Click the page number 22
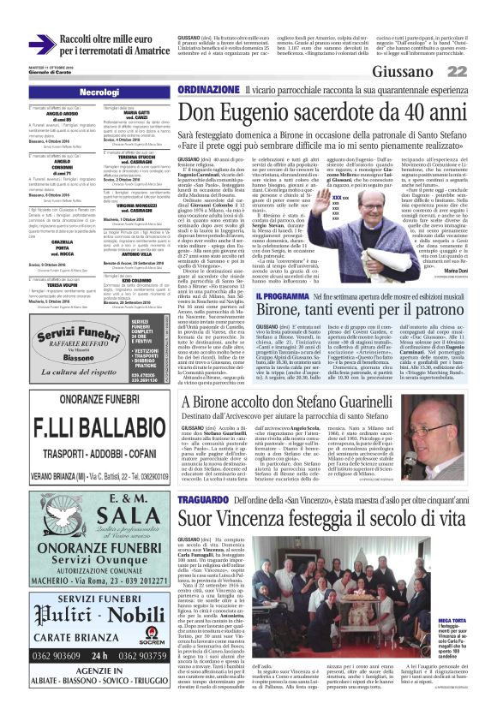[480, 70]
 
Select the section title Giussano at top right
[428, 70]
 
